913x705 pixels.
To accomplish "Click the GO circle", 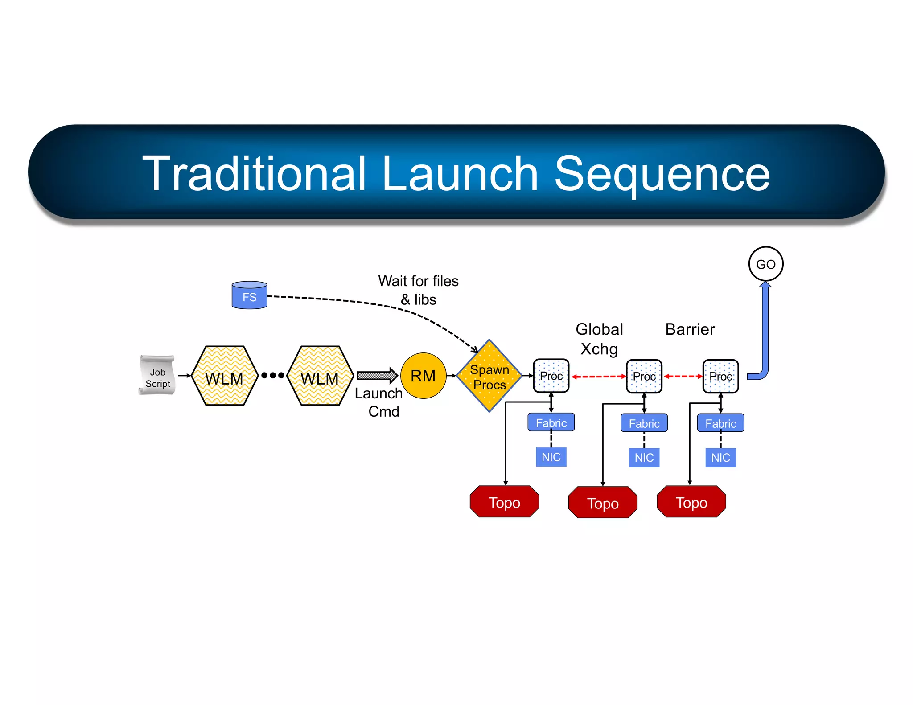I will [x=765, y=264].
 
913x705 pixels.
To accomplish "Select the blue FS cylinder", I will [x=249, y=295].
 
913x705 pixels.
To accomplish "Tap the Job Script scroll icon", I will [x=157, y=375].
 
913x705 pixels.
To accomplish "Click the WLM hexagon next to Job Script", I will [x=224, y=376].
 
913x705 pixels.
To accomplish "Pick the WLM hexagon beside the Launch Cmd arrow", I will [x=320, y=376].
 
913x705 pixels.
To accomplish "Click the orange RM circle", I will [x=423, y=376].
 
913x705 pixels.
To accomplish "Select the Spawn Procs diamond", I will [x=489, y=376].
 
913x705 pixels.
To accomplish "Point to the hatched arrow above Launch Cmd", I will [x=377, y=376].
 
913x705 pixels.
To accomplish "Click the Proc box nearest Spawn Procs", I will [x=551, y=376].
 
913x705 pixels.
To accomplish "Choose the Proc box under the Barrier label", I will [x=720, y=377].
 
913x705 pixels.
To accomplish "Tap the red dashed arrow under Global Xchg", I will [x=599, y=377].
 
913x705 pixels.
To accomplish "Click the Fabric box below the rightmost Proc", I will [x=720, y=423].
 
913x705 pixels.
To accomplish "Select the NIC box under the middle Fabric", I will [x=644, y=457].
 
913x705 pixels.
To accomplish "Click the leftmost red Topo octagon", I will [x=504, y=502].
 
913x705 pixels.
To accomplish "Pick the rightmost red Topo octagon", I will [x=691, y=502].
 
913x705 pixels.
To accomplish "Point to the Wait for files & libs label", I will [x=418, y=290].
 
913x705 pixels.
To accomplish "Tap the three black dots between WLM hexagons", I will [x=273, y=375].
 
